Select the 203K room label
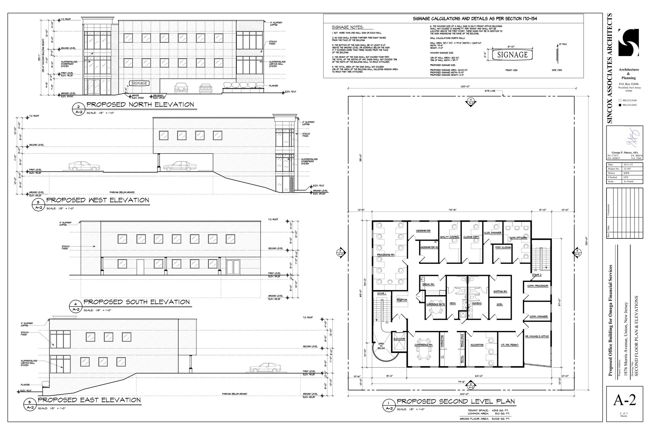[500, 304]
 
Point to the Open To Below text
[381, 346]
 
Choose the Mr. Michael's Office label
[537, 336]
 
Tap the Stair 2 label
[537, 274]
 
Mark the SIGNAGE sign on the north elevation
[139, 83]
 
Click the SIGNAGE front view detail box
[512, 55]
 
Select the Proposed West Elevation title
[98, 200]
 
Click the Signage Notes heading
[347, 27]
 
